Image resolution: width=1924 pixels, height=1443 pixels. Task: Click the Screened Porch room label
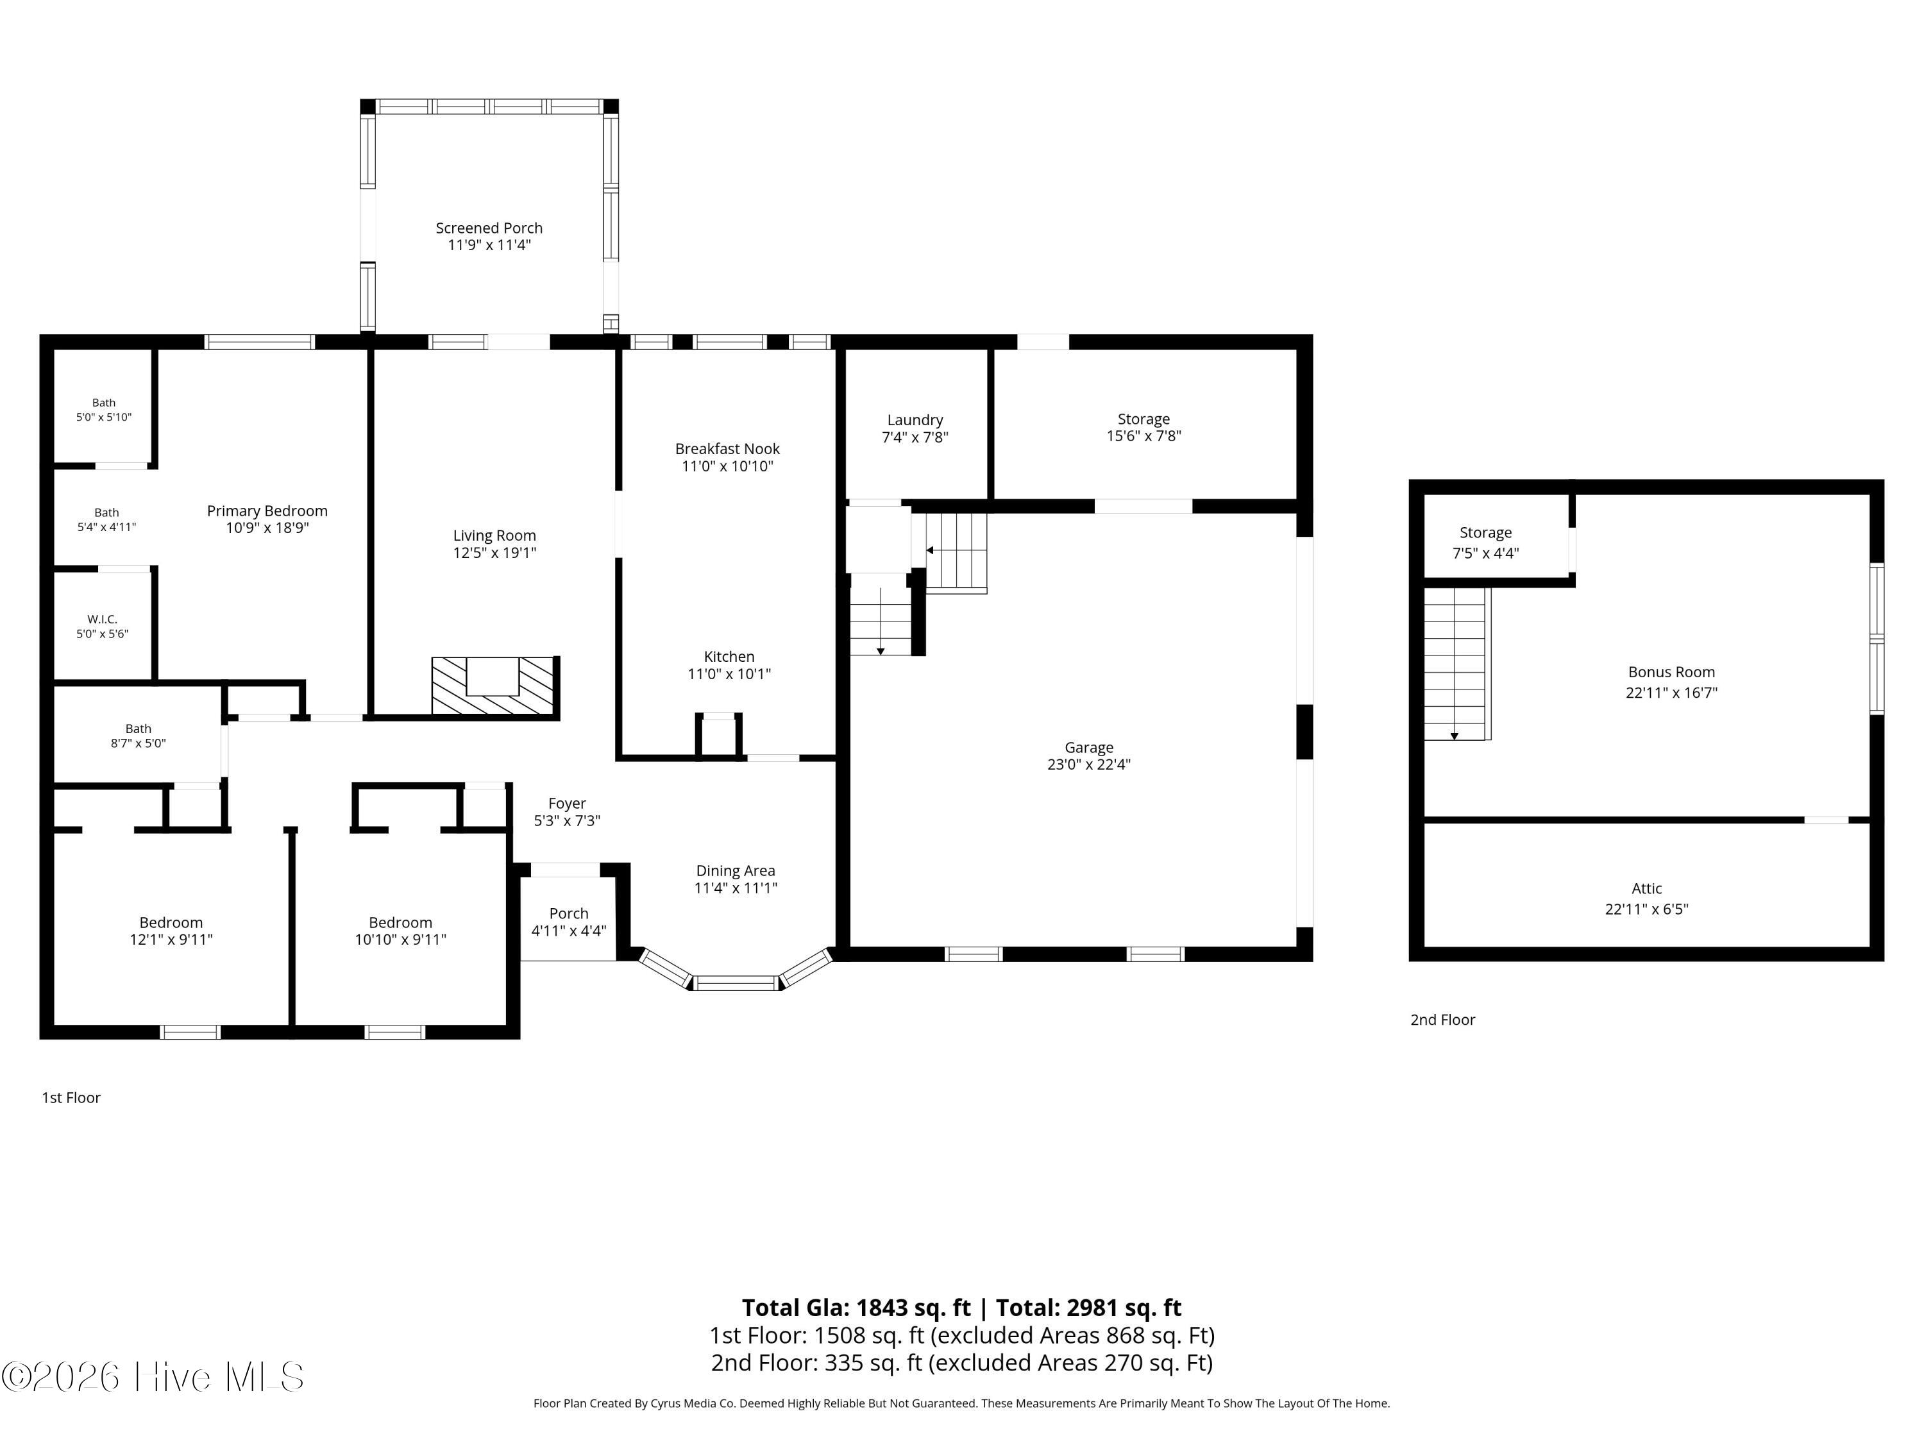tap(489, 228)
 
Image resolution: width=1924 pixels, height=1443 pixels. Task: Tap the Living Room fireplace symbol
tap(493, 686)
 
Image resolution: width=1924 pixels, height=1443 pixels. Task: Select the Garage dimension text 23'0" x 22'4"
tap(1089, 764)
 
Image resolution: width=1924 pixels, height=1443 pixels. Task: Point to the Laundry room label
tap(915, 420)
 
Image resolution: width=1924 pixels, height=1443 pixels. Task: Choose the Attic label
tap(1646, 889)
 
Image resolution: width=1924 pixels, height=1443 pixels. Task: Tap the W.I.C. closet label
tap(102, 620)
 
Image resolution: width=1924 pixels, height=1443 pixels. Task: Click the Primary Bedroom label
tap(267, 511)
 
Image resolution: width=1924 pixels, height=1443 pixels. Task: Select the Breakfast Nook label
tap(727, 449)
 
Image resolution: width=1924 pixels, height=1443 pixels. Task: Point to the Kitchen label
tap(729, 657)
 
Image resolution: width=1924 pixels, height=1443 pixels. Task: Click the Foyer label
tap(567, 804)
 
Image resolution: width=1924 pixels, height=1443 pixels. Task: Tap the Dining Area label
tap(736, 871)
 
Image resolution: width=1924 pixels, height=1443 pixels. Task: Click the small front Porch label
tap(569, 913)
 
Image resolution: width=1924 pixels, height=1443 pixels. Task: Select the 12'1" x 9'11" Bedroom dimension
tap(171, 940)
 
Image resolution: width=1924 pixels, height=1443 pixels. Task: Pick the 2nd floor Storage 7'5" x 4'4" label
tap(1485, 543)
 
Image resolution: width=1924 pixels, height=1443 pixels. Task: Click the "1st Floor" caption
tap(71, 1098)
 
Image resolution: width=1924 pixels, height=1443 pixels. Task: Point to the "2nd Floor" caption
tap(1443, 1020)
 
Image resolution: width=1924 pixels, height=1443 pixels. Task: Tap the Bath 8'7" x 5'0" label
tap(139, 736)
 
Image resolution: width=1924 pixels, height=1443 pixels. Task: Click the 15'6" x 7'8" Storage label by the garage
tap(1143, 428)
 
